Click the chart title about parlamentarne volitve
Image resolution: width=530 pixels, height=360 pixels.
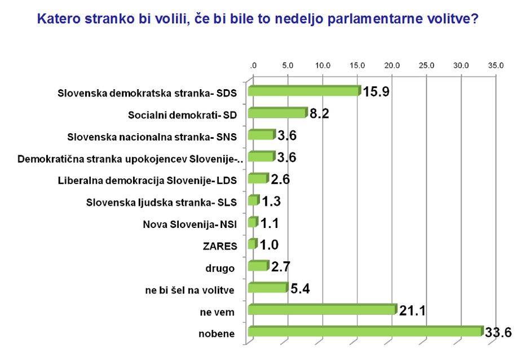(258, 19)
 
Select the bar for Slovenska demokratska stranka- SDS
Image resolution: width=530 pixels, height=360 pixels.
(303, 91)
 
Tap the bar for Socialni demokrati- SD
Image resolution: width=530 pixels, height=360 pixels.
(277, 113)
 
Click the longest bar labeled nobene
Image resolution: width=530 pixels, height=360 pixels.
(365, 332)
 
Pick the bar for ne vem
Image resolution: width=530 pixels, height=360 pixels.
(322, 310)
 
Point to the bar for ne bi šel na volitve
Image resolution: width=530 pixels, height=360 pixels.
(268, 288)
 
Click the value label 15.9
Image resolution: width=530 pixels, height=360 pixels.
(376, 91)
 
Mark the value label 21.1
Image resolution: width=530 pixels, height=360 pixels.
(413, 310)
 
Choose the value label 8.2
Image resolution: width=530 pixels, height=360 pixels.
(319, 113)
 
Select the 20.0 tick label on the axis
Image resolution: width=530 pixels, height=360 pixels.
(392, 65)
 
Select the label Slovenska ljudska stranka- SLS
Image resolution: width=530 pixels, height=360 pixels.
(162, 202)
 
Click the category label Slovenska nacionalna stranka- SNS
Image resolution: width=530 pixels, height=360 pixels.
(152, 137)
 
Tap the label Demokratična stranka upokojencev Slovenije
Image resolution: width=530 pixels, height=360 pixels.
(130, 159)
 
